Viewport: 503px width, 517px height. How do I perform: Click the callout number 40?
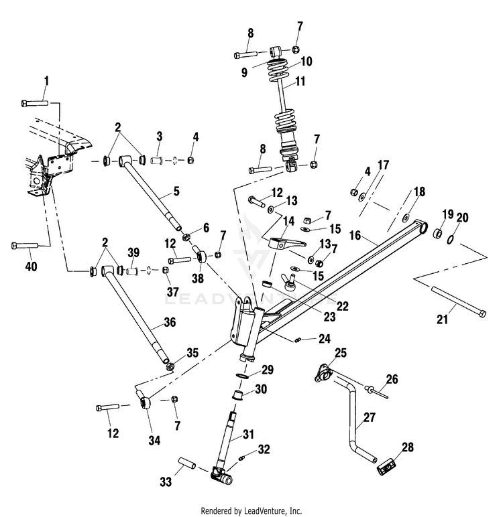[x=32, y=266]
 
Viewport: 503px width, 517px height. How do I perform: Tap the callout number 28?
[x=408, y=447]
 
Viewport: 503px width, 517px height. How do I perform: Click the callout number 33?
[x=166, y=482]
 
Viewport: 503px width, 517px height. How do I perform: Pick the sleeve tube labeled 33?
[x=187, y=463]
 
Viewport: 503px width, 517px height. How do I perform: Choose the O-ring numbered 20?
[x=450, y=240]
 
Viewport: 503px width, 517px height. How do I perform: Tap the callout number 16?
[x=355, y=236]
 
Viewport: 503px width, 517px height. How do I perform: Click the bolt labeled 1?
[x=35, y=103]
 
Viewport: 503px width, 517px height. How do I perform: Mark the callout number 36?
[x=170, y=322]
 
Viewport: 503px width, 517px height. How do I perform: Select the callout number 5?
[x=176, y=191]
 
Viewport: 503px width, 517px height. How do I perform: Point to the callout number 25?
[x=341, y=352]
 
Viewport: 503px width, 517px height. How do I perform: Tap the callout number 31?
[x=248, y=434]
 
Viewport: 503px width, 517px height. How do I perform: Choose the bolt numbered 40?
[x=25, y=246]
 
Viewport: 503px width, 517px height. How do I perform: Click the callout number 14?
[x=289, y=221]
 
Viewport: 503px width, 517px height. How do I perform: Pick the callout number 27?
[x=370, y=417]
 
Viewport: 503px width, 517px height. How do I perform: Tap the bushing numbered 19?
[x=437, y=232]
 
